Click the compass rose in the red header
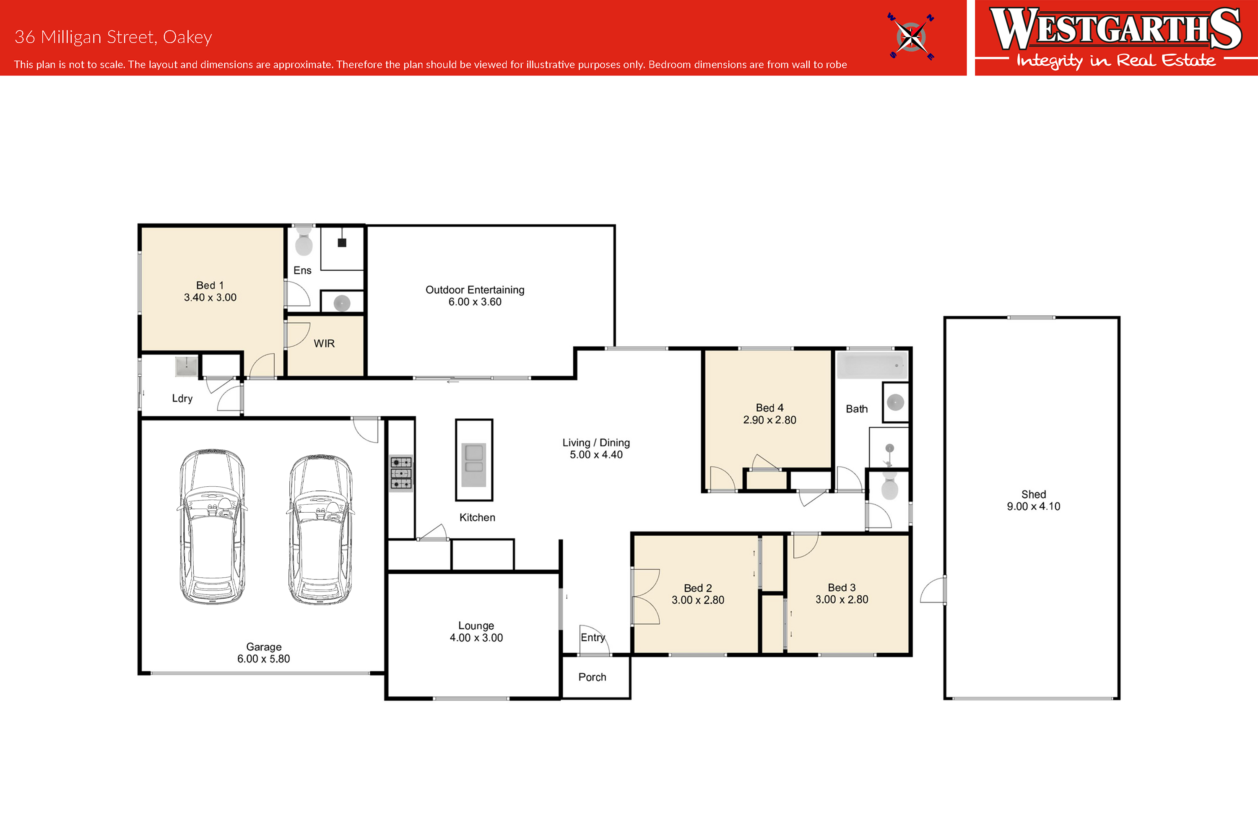point(911,36)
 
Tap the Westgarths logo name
point(1116,29)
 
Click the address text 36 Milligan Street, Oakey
point(113,37)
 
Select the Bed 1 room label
point(210,285)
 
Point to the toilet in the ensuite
point(304,241)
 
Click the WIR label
point(324,344)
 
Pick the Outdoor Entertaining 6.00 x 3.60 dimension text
point(475,302)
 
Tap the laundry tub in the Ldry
point(187,367)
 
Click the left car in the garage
point(212,527)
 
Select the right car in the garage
point(320,529)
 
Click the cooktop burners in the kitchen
point(401,473)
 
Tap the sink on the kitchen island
point(474,465)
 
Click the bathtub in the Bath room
point(872,366)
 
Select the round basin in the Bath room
point(896,402)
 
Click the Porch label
point(593,677)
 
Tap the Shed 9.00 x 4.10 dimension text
point(1034,506)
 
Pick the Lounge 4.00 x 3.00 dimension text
point(476,638)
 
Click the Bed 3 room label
point(842,587)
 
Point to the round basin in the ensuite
point(342,303)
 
